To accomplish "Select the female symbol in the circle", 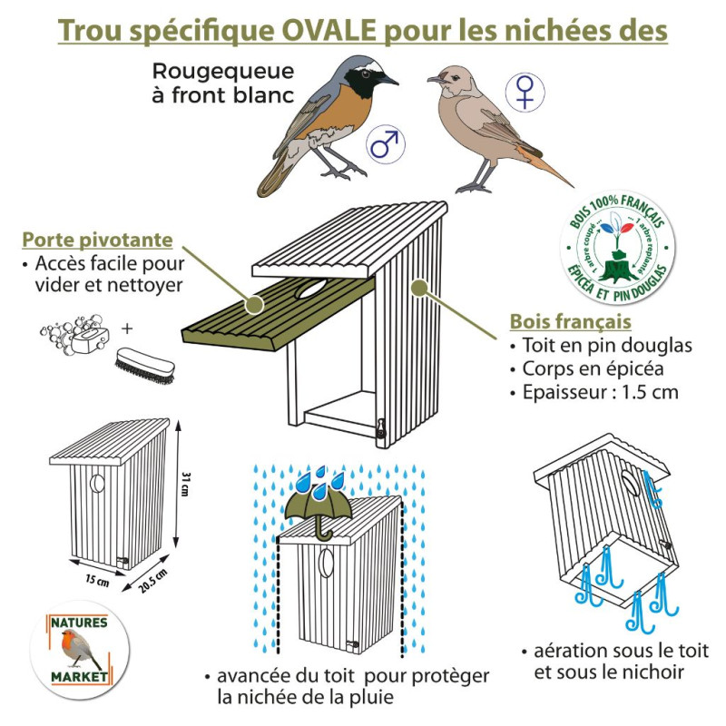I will [525, 92].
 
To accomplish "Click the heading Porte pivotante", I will [97, 240].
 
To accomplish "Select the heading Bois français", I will [571, 321].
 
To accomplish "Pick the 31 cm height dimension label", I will [184, 486].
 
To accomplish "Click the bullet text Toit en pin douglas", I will [606, 346].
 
